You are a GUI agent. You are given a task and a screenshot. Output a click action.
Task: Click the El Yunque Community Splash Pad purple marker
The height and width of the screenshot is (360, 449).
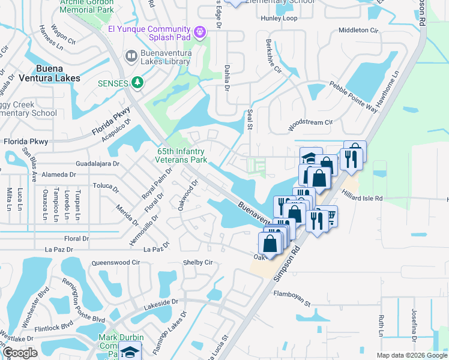[x=200, y=31]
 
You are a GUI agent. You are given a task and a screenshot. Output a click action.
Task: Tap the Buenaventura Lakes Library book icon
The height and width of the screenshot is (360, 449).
[x=130, y=56]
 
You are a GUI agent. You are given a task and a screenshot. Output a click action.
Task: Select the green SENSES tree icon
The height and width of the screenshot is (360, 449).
[x=137, y=82]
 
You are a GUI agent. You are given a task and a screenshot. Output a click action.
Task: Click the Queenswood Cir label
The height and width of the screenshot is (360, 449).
[x=115, y=263]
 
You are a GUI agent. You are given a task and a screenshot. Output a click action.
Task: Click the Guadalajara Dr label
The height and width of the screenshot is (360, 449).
[x=98, y=163]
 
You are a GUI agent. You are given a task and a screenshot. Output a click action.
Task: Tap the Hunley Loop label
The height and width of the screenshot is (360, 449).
[x=279, y=18]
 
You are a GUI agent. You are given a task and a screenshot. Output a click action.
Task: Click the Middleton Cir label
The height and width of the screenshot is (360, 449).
[x=359, y=29]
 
